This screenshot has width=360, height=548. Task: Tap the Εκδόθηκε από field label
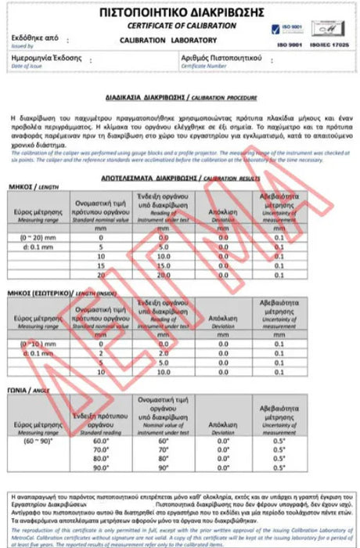coord(34,36)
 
